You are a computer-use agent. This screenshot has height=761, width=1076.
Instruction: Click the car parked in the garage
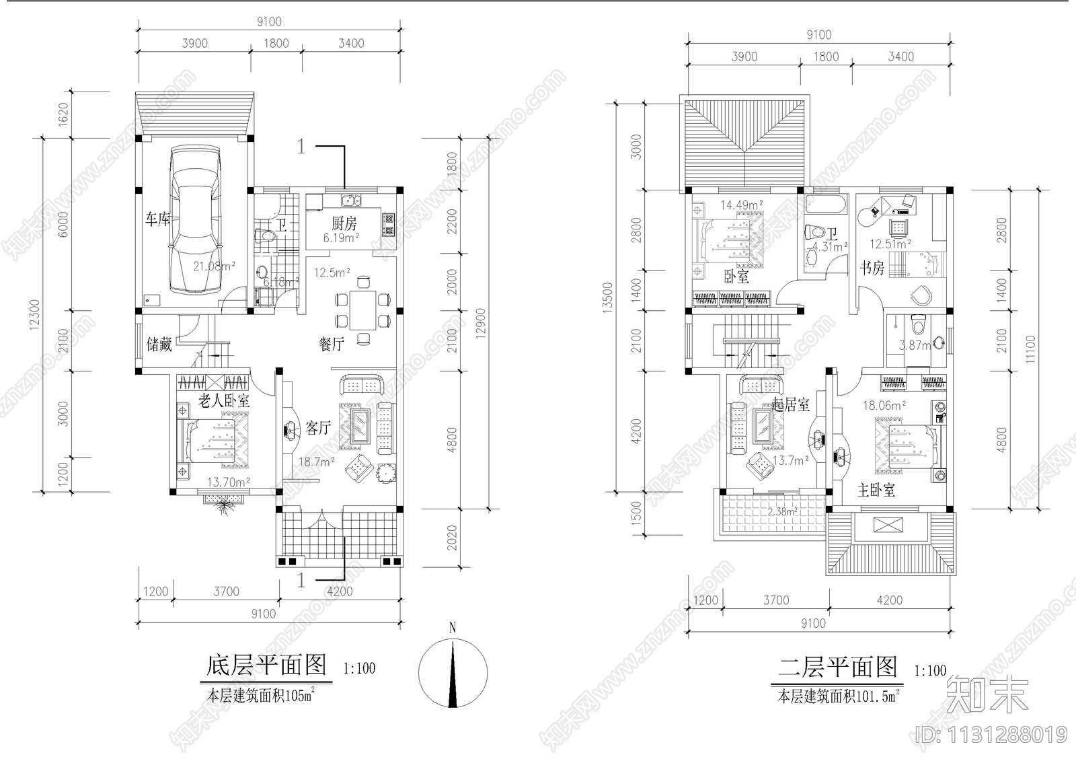(x=195, y=221)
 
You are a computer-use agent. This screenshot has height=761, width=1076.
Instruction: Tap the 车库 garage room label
(x=158, y=219)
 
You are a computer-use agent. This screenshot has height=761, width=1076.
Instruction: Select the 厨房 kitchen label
(x=344, y=223)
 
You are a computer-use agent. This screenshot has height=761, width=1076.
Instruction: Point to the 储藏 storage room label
(x=159, y=345)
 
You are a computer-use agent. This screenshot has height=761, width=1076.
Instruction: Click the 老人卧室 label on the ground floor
(x=224, y=401)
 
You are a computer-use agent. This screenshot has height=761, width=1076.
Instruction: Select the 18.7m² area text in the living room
(x=317, y=462)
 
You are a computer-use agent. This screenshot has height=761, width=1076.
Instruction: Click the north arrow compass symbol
(x=453, y=673)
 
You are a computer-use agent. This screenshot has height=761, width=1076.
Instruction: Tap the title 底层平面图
(x=266, y=665)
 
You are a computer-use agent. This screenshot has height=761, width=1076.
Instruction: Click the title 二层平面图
(x=838, y=667)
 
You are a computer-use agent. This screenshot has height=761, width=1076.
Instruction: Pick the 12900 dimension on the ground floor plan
(x=479, y=326)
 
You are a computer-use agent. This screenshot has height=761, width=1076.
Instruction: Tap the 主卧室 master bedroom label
(x=876, y=490)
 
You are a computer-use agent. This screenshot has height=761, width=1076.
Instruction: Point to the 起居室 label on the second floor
(x=790, y=404)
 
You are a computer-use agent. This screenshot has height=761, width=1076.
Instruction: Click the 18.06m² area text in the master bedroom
(x=884, y=406)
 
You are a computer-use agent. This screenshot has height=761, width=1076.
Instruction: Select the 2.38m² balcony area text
(x=782, y=511)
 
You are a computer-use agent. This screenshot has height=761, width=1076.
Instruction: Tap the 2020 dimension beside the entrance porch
(x=452, y=538)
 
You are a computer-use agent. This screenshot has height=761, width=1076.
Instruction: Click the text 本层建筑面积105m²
(x=261, y=696)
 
